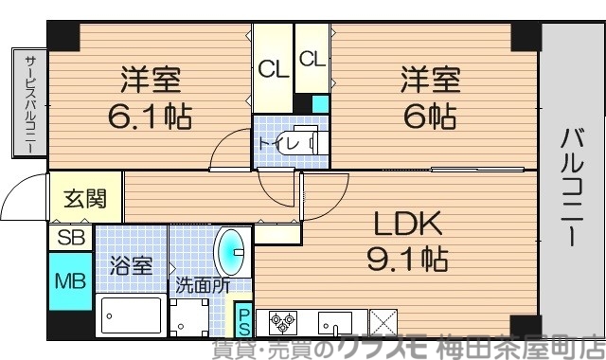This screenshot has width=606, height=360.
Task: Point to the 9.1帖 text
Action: point(407,257)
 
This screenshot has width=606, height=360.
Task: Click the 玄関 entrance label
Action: point(85,200)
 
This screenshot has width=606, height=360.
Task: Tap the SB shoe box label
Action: point(70,238)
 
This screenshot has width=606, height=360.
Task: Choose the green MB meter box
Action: point(70,281)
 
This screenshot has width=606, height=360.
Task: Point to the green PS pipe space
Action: point(243,321)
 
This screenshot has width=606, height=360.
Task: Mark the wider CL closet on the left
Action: point(273,69)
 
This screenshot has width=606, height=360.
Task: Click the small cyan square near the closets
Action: point(320,103)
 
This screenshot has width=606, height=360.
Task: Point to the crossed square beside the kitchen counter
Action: point(383,323)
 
